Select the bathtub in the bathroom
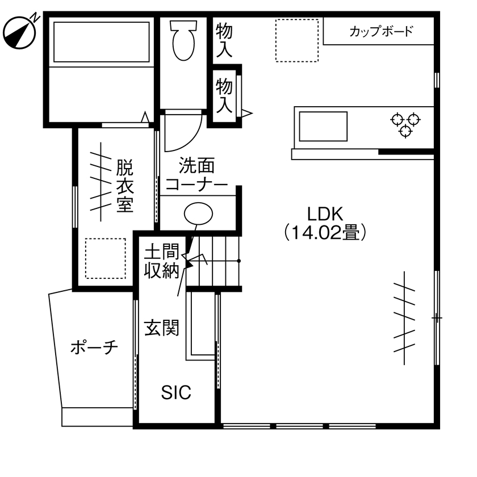(x=101, y=41)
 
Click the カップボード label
(x=380, y=31)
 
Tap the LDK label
(x=324, y=214)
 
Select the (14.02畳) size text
(x=324, y=232)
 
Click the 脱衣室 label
(x=125, y=186)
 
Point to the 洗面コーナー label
(x=196, y=175)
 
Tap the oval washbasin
(x=198, y=214)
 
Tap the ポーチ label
(x=94, y=347)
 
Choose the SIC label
(x=176, y=392)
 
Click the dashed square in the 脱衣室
(x=105, y=258)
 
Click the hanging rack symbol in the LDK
(x=404, y=318)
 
